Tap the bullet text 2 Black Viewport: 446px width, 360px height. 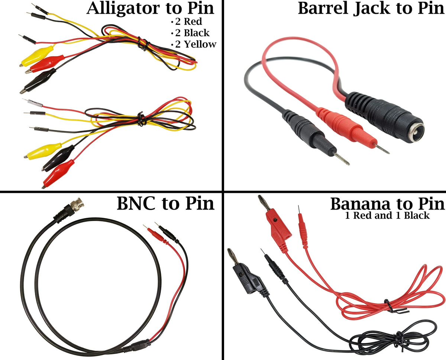pyautogui.click(x=192, y=33)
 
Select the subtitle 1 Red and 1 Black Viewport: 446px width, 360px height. pyautogui.click(x=387, y=215)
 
